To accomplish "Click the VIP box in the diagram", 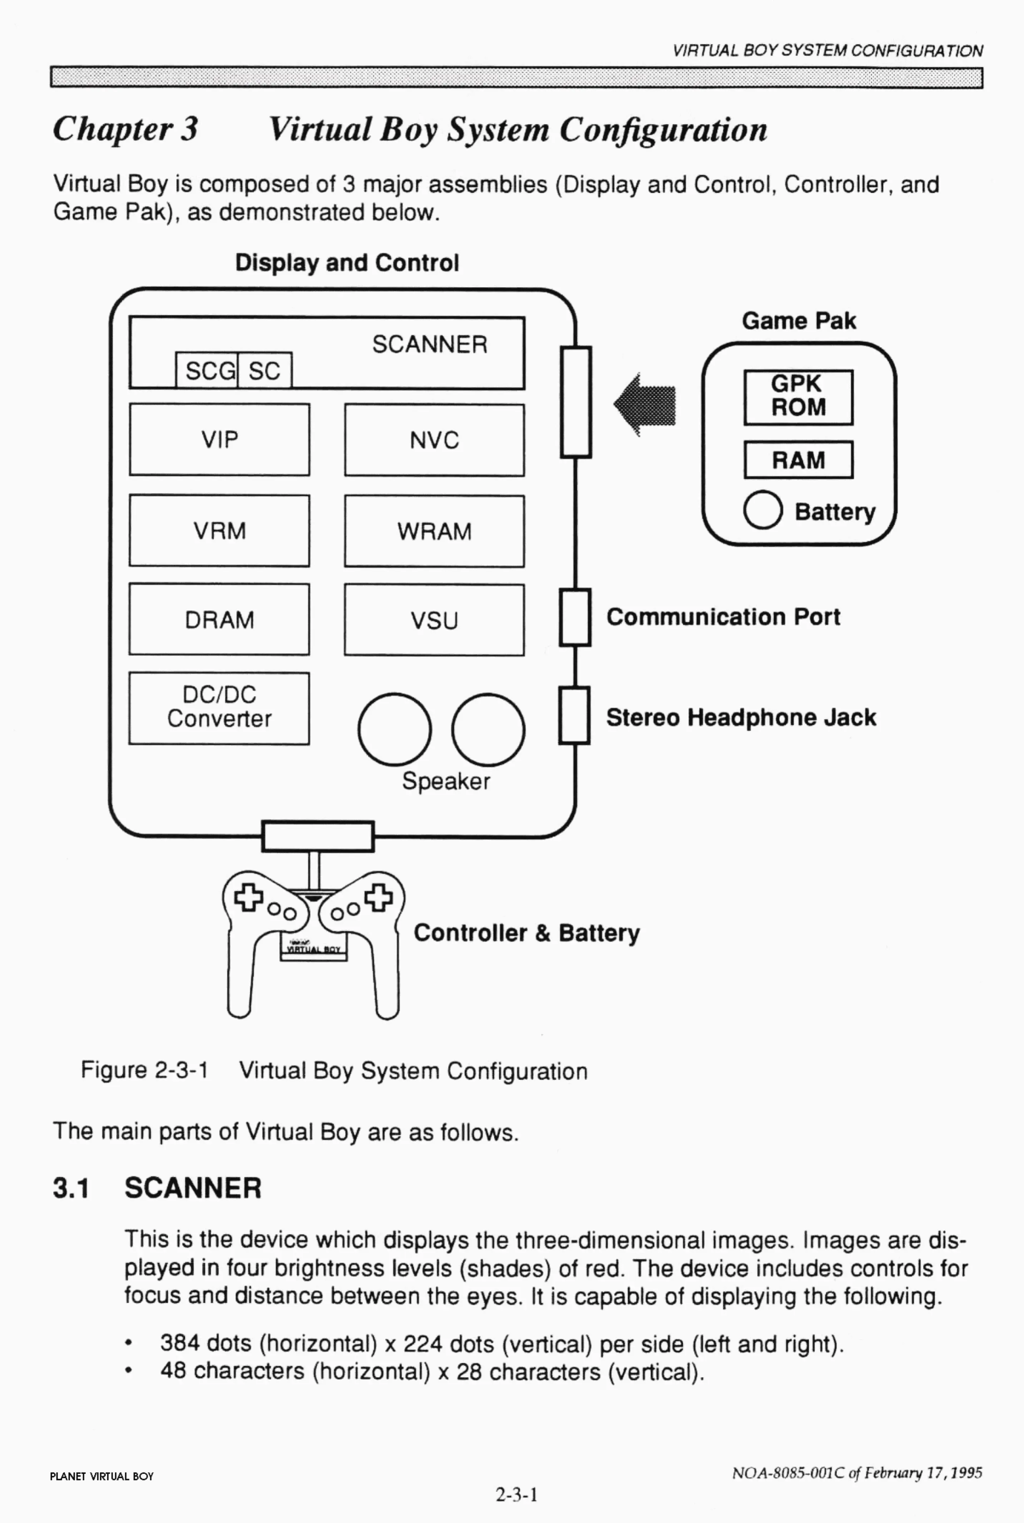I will [220, 439].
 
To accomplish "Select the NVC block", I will [434, 440].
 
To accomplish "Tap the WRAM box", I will [434, 531].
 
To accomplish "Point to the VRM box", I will [220, 530].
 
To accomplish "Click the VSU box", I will [434, 620].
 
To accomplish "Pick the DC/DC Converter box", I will [220, 708].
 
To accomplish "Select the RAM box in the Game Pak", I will [798, 459].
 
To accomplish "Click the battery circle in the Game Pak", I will [762, 509].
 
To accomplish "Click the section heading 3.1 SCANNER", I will [157, 1187].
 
